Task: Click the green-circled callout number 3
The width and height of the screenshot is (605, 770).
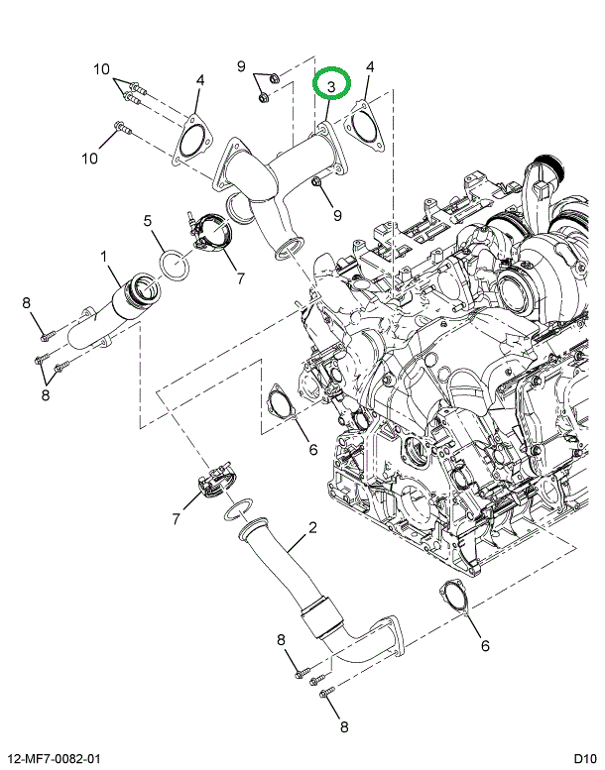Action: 331,85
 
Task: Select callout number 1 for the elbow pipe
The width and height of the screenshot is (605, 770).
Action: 103,257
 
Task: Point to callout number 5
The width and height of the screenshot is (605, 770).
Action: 147,220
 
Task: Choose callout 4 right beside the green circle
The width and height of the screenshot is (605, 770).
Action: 370,67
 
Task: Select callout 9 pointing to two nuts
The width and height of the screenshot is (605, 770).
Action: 241,66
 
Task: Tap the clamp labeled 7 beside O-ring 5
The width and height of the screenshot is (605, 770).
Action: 210,234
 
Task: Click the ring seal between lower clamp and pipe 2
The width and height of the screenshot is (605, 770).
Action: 236,510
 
